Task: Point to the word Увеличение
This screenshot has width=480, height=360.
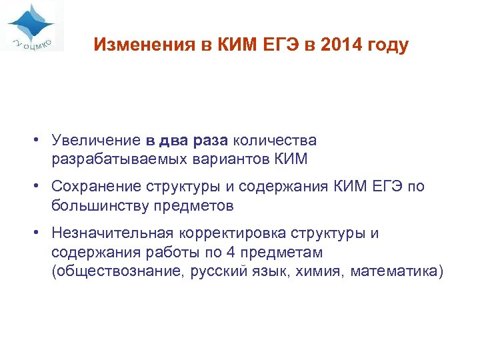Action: click(x=95, y=141)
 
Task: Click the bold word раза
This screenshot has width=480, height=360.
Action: click(x=210, y=141)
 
